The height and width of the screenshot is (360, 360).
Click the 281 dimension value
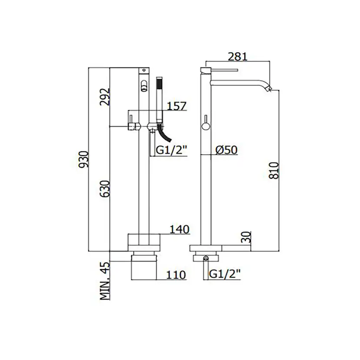point(238,57)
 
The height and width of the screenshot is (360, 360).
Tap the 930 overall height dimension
point(83,159)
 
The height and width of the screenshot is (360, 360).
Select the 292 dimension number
point(105,97)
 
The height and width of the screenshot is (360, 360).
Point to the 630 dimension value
point(105,189)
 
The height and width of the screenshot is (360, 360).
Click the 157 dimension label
point(177,106)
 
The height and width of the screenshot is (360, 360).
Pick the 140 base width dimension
point(180,230)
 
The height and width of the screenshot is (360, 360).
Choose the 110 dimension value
point(176,275)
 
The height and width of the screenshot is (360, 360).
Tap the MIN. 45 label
point(105,281)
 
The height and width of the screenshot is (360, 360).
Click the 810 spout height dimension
point(273,170)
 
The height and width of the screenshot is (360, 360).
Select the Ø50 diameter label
point(227,150)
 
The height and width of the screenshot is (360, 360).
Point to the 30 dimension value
point(247,237)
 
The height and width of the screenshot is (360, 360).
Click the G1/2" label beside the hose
point(172,150)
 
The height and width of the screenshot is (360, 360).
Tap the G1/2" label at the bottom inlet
point(225,273)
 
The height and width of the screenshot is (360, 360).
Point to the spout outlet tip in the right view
point(269,88)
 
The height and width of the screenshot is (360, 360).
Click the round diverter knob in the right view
point(206,126)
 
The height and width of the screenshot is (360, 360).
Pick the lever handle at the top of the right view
point(220,70)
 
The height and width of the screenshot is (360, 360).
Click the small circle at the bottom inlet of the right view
point(206,259)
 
